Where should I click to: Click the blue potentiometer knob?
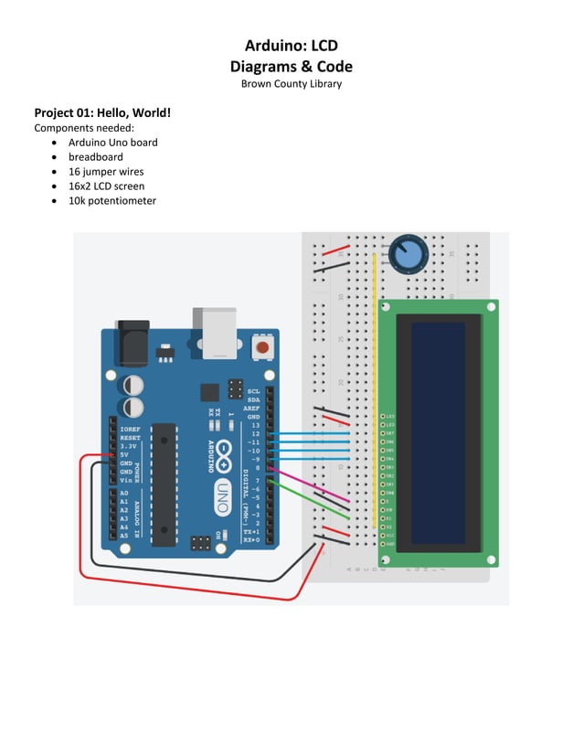click(x=408, y=253)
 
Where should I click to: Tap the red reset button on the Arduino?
click(x=263, y=347)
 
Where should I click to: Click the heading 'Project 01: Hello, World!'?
click(x=102, y=113)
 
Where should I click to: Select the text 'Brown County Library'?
click(x=291, y=84)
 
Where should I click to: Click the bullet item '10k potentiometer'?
click(x=111, y=201)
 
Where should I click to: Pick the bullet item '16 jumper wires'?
click(x=105, y=172)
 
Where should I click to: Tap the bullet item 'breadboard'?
click(x=95, y=157)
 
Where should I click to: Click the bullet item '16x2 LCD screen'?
click(x=106, y=186)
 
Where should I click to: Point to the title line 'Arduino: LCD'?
click(x=291, y=46)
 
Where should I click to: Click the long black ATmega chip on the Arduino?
click(x=163, y=484)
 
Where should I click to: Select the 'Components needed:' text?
click(x=83, y=128)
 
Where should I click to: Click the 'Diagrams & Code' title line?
click(x=291, y=66)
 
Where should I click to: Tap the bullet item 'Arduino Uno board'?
click(x=112, y=143)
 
